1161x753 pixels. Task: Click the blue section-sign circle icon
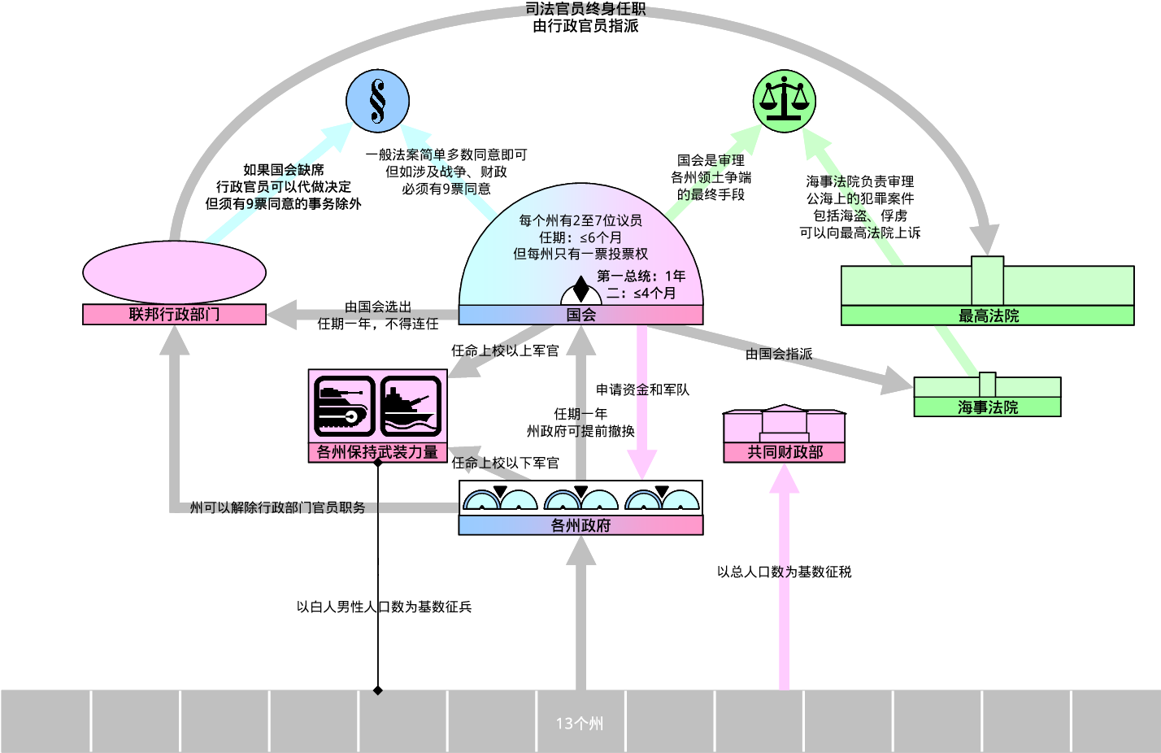coord(377,101)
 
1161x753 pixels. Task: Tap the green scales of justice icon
coord(785,101)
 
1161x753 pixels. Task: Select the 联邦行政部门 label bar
coord(174,315)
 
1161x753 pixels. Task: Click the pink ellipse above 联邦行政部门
coord(174,272)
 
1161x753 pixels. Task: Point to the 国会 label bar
coord(581,315)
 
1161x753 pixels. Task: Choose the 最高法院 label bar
coord(987,315)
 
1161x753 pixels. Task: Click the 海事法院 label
coord(987,407)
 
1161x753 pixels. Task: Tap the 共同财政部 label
coord(785,452)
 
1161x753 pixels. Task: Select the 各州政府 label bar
coord(581,525)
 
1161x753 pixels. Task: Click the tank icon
coord(344,407)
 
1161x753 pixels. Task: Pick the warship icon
coord(411,407)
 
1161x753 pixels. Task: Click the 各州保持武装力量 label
coord(377,452)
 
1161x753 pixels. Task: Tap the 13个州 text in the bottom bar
coord(580,724)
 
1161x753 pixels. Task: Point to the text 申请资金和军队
coord(642,390)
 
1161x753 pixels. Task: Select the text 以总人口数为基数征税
coord(785,572)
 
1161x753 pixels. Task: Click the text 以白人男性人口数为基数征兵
coord(384,607)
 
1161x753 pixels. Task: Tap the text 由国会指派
coord(779,354)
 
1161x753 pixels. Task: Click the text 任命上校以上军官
coord(506,350)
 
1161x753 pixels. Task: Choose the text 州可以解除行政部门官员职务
coord(277,507)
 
